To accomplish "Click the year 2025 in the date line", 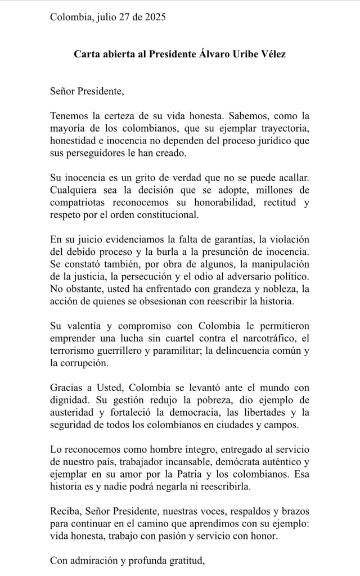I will point(154,17).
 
